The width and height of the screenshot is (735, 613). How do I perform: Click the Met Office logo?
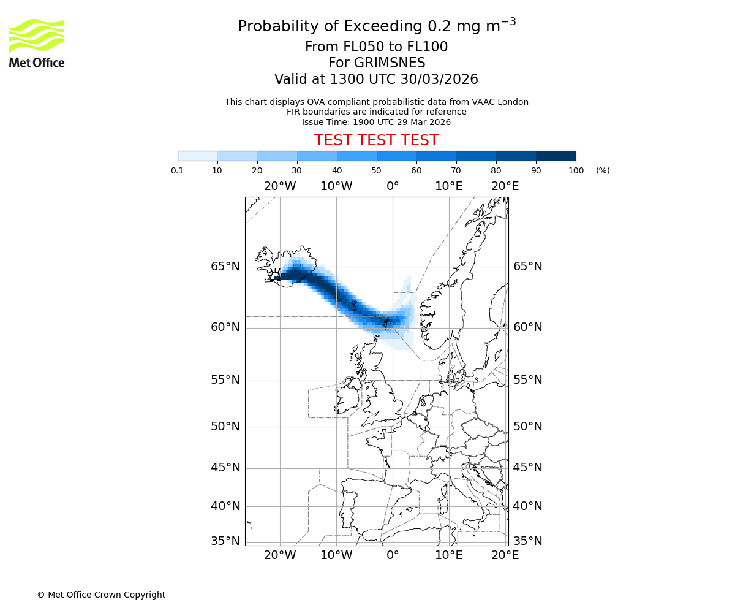[37, 43]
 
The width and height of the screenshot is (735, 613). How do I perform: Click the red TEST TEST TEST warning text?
[376, 141]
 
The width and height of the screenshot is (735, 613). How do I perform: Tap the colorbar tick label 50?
[377, 170]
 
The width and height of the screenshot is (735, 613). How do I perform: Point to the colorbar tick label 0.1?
[178, 170]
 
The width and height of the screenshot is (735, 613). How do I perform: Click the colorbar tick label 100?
[576, 170]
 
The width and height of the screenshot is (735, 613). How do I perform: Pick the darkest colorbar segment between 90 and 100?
[556, 156]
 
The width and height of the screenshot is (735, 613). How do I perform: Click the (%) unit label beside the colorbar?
[603, 170]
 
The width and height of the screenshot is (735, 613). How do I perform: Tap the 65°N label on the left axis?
[225, 267]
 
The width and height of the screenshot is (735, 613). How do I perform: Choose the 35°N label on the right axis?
[527, 541]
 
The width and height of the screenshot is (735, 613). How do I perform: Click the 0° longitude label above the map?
[393, 186]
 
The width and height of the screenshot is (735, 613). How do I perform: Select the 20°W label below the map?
[280, 555]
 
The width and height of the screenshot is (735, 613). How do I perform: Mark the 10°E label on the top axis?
[449, 186]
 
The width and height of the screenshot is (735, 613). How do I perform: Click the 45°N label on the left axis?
[225, 468]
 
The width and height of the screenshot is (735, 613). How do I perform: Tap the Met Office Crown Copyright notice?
[101, 595]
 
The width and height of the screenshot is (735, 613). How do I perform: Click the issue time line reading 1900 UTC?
[376, 122]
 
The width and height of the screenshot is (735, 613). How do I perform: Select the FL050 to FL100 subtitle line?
[376, 47]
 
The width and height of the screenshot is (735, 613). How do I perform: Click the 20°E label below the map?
[505, 555]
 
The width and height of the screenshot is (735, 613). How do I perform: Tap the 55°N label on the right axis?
[527, 380]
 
